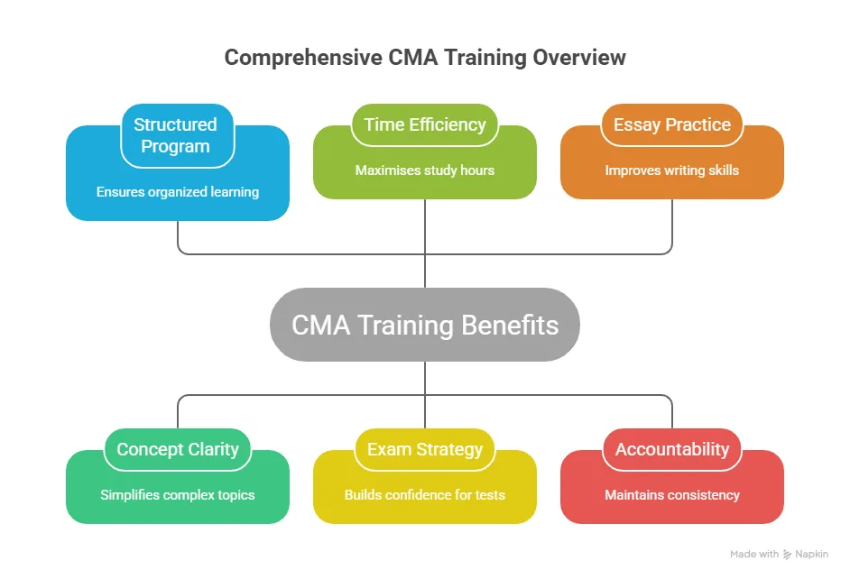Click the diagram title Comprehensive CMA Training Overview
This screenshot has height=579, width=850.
(425, 58)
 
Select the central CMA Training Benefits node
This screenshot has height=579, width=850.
(425, 326)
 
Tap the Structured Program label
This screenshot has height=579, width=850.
(176, 135)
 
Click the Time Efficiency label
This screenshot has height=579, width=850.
(425, 124)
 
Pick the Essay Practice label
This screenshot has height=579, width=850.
(672, 124)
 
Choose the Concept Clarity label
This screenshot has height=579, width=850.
(178, 449)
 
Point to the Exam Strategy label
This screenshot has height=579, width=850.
(425, 449)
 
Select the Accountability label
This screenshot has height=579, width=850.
(672, 449)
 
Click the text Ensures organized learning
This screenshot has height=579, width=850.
(178, 191)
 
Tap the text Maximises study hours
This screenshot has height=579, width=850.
(425, 170)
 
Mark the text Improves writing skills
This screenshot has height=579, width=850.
(672, 170)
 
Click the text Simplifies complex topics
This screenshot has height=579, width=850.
(178, 494)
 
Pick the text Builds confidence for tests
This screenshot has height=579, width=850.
(425, 494)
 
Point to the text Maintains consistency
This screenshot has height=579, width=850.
(672, 494)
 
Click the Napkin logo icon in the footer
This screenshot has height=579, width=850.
(788, 555)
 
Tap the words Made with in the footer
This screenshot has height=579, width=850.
(754, 555)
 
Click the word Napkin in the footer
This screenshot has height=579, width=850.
(811, 555)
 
